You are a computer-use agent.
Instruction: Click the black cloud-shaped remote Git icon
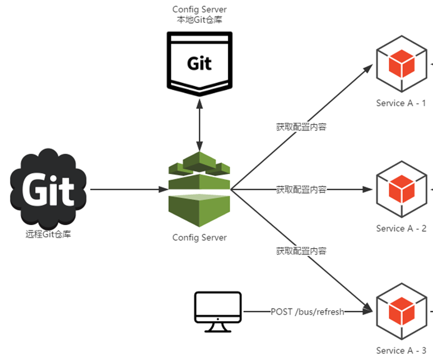pyautogui.click(x=48, y=189)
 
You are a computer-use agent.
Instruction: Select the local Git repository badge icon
pyautogui.click(x=199, y=62)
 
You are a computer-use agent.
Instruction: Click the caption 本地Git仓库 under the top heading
pyautogui.click(x=199, y=20)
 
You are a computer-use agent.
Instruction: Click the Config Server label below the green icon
pyautogui.click(x=199, y=237)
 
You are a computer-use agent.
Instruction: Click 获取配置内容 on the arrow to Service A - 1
pyautogui.click(x=301, y=127)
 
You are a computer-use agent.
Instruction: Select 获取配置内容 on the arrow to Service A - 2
pyautogui.click(x=301, y=189)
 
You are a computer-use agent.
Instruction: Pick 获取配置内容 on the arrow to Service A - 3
pyautogui.click(x=301, y=250)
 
